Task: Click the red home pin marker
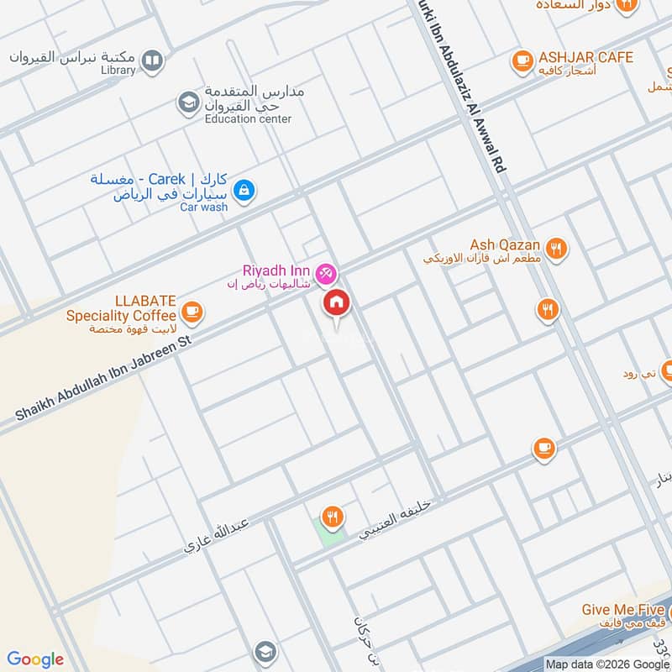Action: (337, 302)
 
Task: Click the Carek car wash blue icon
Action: (244, 190)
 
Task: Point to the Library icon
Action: (152, 60)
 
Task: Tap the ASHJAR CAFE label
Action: (586, 58)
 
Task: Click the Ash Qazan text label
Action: (505, 244)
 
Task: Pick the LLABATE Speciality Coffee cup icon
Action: (192, 312)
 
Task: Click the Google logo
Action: (35, 659)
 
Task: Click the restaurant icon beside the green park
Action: (333, 517)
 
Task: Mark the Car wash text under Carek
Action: (203, 207)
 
